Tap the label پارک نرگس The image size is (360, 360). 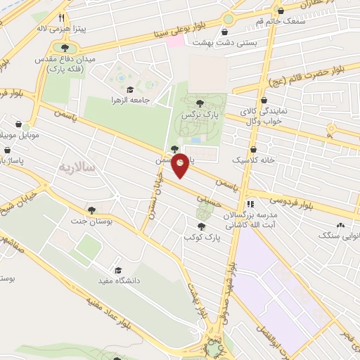[x=202, y=114]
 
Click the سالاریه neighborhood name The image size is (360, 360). [x=76, y=167]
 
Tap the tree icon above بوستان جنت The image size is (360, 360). [x=91, y=210]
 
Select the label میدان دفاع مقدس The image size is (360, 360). [x=64, y=60]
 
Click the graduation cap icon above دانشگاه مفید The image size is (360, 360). [x=118, y=270]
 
